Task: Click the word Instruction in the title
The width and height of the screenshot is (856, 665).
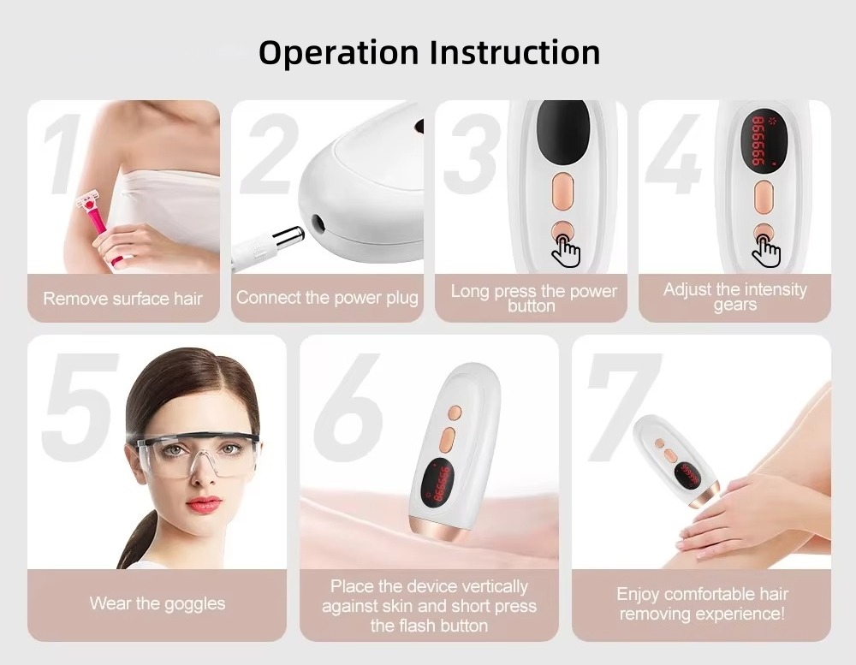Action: (x=514, y=52)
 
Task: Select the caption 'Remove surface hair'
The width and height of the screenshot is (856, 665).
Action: (x=123, y=299)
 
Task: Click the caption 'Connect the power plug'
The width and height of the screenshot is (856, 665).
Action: (x=327, y=298)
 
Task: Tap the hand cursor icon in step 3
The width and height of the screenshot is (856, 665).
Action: (x=566, y=249)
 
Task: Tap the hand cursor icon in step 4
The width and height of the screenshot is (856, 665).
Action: (x=768, y=249)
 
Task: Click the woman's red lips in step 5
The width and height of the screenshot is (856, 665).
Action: (x=203, y=503)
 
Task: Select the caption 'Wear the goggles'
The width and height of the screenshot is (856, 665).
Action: (x=158, y=603)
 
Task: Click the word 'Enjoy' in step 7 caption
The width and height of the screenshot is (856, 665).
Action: (x=638, y=594)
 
